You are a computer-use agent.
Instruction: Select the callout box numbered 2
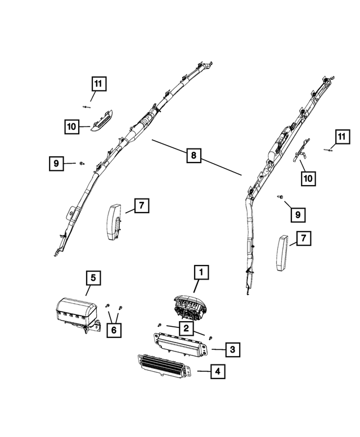click(184, 327)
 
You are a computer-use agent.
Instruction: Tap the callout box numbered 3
click(232, 349)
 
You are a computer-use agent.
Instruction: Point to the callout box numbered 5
click(93, 278)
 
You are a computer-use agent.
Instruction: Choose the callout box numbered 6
click(114, 330)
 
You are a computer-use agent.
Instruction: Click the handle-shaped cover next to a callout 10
click(101, 119)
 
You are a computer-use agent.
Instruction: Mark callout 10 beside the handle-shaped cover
click(71, 127)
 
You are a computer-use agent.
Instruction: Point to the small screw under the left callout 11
click(86, 105)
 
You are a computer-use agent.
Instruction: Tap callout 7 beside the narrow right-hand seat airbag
click(303, 239)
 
